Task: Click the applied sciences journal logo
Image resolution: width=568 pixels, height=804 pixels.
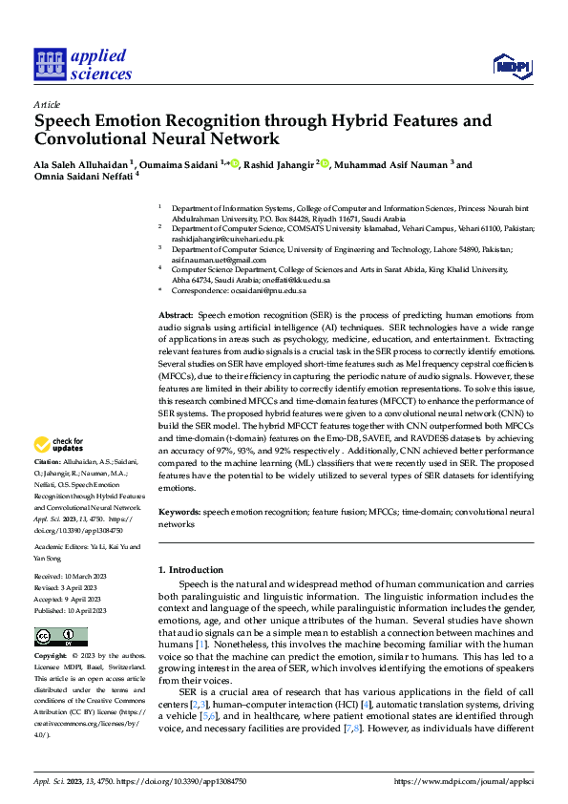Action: (x=83, y=63)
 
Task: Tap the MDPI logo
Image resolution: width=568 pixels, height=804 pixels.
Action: (x=511, y=65)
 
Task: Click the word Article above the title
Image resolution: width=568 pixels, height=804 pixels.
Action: (x=47, y=103)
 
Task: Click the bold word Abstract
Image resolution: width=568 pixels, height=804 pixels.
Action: (x=176, y=314)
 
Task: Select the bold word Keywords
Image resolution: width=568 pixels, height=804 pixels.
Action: (x=179, y=512)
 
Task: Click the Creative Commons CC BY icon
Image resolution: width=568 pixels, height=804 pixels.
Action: (x=55, y=637)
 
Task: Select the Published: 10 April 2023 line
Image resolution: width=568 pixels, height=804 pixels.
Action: (x=71, y=610)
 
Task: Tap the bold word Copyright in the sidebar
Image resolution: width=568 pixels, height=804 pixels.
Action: (x=52, y=657)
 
